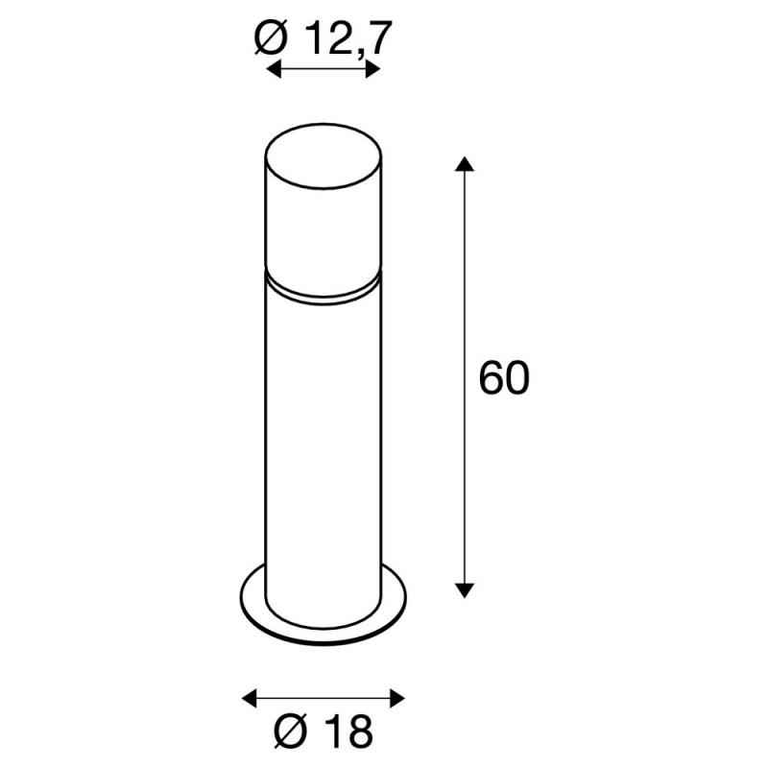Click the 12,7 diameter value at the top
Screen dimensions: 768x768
pos(349,39)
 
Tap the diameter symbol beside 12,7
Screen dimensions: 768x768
pos(271,38)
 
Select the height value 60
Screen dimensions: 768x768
pos(504,378)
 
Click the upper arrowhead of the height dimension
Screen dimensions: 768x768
pos(465,164)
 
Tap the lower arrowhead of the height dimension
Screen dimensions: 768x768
pos(465,590)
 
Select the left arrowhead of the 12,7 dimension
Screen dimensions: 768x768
pos(274,69)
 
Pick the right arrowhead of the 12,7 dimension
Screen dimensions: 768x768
pos(373,69)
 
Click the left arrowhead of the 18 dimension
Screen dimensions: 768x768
pos(250,698)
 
